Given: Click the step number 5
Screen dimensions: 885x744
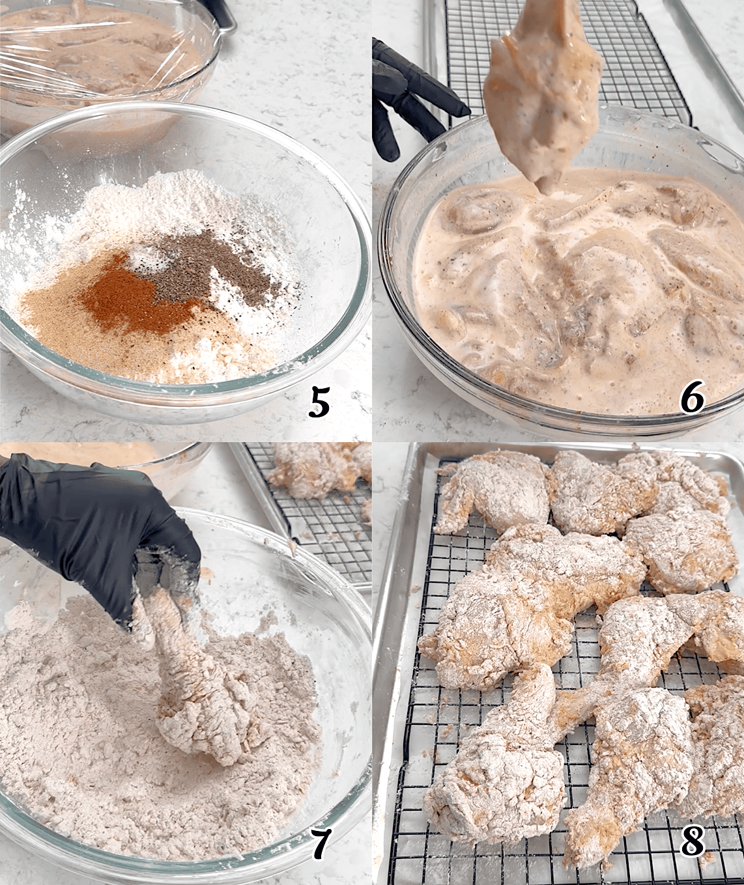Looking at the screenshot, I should [319, 402].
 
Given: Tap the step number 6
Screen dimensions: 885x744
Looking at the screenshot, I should [693, 398].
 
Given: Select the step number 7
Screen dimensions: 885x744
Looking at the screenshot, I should [319, 845].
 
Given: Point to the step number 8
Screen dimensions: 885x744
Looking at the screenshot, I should [693, 841].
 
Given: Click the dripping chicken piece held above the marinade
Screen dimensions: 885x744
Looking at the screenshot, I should [531, 98].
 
